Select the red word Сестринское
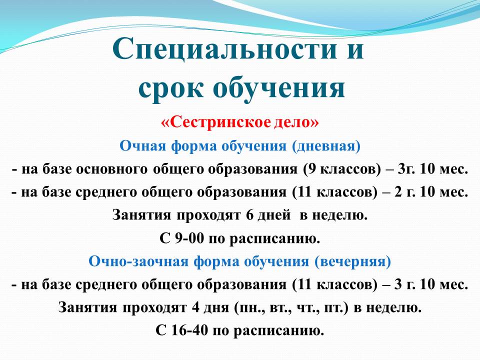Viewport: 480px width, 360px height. pos(216,122)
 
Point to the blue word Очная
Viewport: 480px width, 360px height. pos(143,146)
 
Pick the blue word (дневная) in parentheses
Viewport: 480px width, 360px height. pos(326,146)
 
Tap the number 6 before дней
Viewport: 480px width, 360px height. pos(249,215)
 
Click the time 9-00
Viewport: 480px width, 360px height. pos(189,238)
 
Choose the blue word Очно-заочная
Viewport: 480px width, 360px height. pos(138,261)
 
